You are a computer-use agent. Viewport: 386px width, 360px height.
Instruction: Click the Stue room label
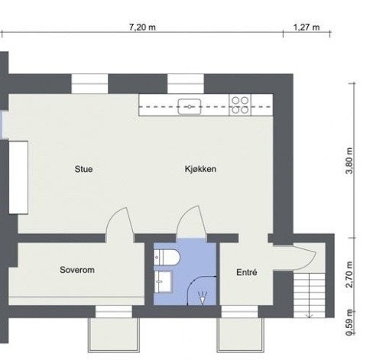click(84, 169)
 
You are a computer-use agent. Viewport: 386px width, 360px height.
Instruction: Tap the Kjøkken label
click(200, 169)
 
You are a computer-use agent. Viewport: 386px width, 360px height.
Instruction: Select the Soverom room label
click(76, 270)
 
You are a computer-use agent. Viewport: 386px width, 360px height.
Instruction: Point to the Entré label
click(246, 271)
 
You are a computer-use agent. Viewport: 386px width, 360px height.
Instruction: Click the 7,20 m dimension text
click(143, 28)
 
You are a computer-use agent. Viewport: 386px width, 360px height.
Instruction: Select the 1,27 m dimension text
click(306, 28)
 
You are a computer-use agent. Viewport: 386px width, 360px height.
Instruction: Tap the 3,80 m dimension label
click(349, 161)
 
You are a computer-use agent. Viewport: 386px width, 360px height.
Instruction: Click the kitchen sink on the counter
click(189, 105)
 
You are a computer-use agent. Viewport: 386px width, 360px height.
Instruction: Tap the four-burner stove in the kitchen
click(240, 105)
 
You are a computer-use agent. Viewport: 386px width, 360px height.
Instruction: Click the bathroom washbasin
click(163, 284)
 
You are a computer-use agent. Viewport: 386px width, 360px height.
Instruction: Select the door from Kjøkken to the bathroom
click(190, 225)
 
